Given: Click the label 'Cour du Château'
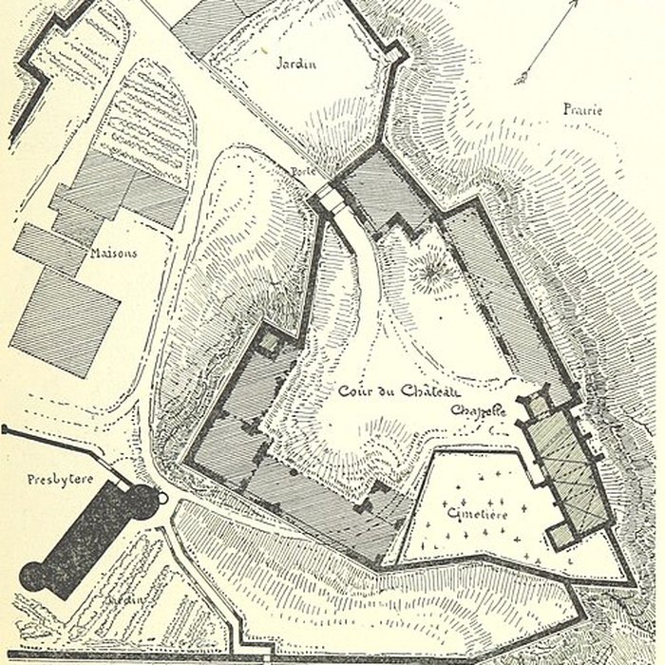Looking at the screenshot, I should [x=400, y=391].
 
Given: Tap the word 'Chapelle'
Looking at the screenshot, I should [x=478, y=411].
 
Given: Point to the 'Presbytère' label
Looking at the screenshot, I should [x=60, y=479].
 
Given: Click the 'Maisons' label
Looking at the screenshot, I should [x=115, y=254].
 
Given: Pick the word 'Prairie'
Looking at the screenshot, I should [x=582, y=110].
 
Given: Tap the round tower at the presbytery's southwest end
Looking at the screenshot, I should [x=36, y=578].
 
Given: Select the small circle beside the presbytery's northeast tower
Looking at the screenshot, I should [x=162, y=497].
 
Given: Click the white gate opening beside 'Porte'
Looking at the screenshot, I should [x=328, y=200].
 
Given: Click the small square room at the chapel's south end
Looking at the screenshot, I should [x=563, y=535].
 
